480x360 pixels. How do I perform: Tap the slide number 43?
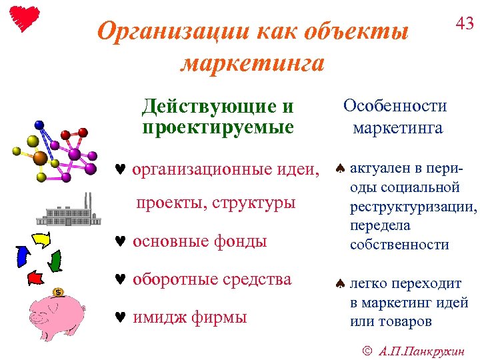[x=464, y=24]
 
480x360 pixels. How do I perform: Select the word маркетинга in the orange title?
[x=253, y=63]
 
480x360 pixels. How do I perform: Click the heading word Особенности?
[x=395, y=106]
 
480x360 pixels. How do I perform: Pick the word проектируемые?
[x=218, y=127]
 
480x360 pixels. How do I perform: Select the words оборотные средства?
[x=212, y=279]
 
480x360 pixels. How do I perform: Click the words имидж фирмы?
[x=189, y=317]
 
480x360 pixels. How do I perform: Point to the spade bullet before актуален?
[x=339, y=169]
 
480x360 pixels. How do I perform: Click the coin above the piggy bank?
[x=59, y=292]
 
